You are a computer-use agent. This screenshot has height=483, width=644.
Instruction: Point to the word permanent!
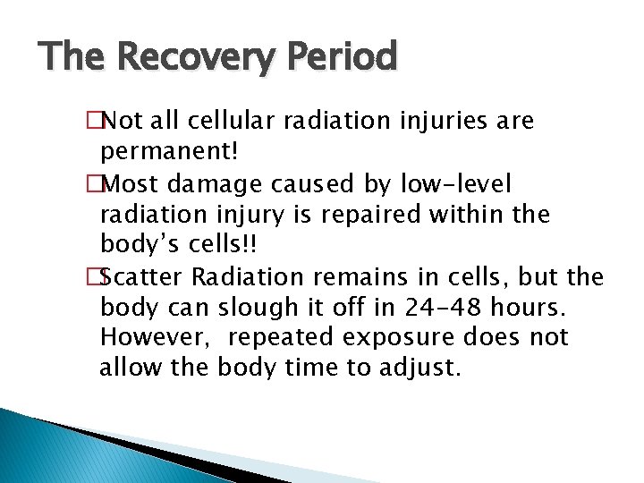click(x=169, y=151)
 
